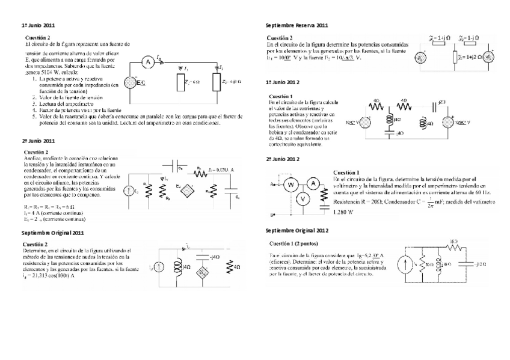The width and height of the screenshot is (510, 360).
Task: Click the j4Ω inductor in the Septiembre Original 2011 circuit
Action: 177,266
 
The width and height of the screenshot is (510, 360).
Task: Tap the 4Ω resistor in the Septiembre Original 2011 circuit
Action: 229,266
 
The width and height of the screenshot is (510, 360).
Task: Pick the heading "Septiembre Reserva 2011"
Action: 296,26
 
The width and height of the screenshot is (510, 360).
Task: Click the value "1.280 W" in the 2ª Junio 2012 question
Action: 344,213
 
